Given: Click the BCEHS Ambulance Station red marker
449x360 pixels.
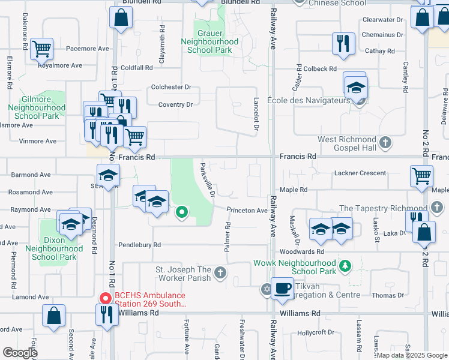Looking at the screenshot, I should (x=106, y=298).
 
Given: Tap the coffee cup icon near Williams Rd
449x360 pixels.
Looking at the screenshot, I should (x=282, y=289).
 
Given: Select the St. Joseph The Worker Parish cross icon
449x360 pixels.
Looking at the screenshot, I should (x=220, y=274).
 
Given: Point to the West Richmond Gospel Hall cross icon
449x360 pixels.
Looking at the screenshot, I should (x=386, y=143).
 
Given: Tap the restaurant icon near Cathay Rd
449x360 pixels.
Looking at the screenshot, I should (x=343, y=44).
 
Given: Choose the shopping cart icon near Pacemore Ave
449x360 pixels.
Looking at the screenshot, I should (x=41, y=49).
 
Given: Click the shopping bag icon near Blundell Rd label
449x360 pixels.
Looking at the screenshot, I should (x=121, y=19).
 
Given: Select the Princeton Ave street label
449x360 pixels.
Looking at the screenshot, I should (x=247, y=211).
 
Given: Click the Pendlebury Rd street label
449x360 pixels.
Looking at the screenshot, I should (x=139, y=245).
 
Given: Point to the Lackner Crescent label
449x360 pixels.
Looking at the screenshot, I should (x=360, y=173).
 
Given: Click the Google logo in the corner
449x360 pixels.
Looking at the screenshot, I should (x=20, y=352).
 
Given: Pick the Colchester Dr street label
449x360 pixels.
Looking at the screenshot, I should (x=171, y=87).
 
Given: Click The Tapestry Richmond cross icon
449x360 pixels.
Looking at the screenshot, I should (x=437, y=208).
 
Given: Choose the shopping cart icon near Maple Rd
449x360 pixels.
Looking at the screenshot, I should (x=421, y=176).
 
